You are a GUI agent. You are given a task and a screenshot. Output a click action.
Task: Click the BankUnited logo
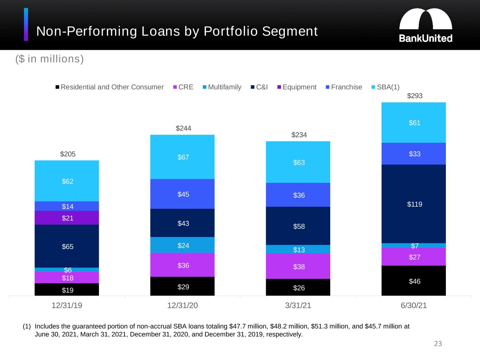click(x=425, y=25)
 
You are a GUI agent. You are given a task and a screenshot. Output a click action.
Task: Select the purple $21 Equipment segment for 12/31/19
click(x=67, y=218)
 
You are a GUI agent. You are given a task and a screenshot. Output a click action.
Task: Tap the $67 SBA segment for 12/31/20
click(x=183, y=157)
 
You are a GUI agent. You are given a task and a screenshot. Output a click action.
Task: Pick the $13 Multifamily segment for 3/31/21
click(x=298, y=250)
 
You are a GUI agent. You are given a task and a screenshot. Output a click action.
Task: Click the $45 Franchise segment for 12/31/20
click(x=183, y=194)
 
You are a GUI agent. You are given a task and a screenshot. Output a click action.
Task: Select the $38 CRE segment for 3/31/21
click(x=298, y=266)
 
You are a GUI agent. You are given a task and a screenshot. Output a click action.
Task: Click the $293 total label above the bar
click(x=414, y=96)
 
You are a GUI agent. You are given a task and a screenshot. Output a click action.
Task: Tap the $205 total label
click(x=68, y=154)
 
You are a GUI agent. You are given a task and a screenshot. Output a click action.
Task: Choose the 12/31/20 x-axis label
click(x=183, y=306)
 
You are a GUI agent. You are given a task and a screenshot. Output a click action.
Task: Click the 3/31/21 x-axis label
click(x=298, y=306)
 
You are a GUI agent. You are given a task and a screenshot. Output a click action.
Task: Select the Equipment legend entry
click(x=297, y=87)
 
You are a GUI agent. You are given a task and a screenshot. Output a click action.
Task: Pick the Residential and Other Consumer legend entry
click(x=109, y=87)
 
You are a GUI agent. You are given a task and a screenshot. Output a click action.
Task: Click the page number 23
click(x=438, y=343)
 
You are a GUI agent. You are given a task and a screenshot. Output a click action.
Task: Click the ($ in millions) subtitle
click(x=50, y=59)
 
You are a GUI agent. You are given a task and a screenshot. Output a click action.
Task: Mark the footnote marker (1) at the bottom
click(x=27, y=326)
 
